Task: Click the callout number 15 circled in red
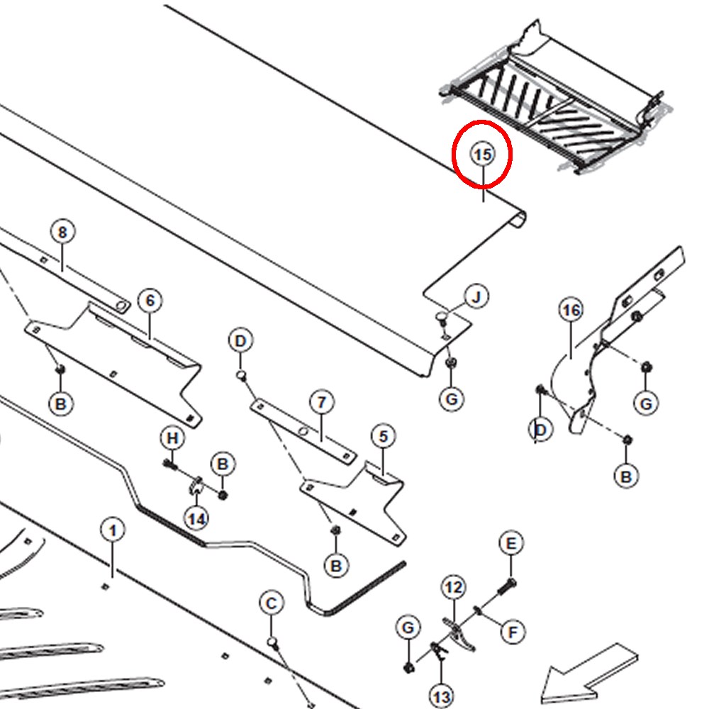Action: (482, 155)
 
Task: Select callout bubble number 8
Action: (62, 232)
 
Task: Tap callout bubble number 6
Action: (150, 300)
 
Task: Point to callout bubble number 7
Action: (321, 402)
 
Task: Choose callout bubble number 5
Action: (384, 436)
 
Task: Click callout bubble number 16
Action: (571, 311)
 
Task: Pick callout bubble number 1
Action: (113, 530)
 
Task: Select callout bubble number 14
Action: (196, 519)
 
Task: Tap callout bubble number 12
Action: (453, 587)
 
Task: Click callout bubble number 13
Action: (441, 696)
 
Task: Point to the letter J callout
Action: (476, 297)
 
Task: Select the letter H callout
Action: (172, 438)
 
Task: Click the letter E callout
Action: (511, 543)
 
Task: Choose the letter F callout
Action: (513, 632)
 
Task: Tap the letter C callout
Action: (272, 603)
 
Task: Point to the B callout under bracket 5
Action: (336, 566)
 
